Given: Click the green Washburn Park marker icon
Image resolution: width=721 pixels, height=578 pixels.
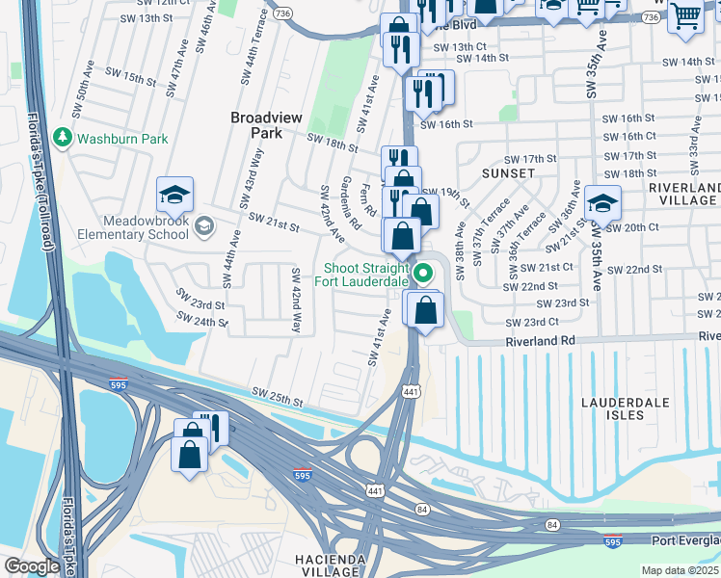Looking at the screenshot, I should [64, 139].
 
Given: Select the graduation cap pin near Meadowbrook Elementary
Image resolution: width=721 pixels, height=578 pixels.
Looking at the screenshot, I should [174, 197].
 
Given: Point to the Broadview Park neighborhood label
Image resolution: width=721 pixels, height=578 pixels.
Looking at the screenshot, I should [266, 125].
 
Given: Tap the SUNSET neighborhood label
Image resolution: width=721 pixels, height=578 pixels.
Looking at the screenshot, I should [507, 173].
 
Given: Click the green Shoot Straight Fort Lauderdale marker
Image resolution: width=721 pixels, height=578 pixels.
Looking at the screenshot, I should [421, 276].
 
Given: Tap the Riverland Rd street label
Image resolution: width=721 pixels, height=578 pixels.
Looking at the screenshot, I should [541, 341].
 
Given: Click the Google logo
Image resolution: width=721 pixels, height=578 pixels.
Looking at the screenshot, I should [32, 565].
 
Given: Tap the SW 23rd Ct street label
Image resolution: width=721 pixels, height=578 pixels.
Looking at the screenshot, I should [537, 322].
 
